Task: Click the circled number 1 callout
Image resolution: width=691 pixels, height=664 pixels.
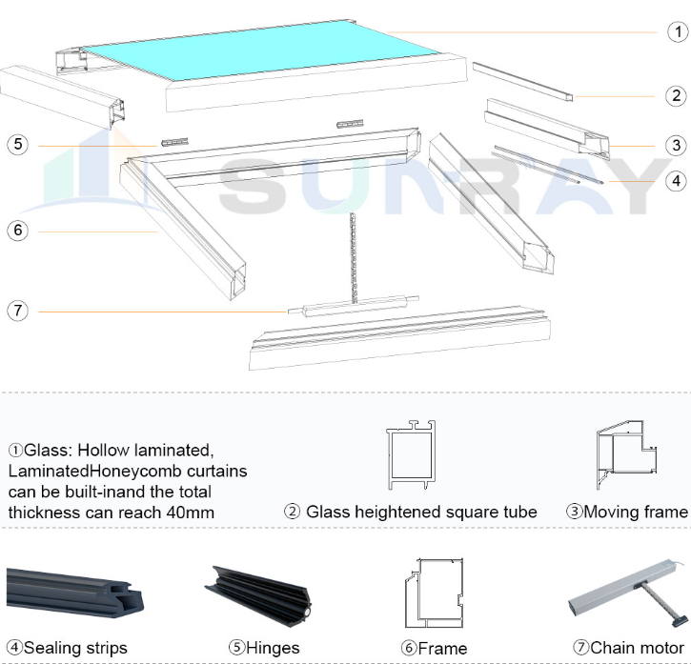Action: tap(676, 32)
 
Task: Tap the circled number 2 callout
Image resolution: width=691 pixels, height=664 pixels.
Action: tap(676, 95)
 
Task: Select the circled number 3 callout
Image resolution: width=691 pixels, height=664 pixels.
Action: tap(676, 145)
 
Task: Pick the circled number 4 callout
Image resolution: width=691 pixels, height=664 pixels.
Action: tap(676, 179)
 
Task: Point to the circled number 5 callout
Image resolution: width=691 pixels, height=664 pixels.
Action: tap(17, 145)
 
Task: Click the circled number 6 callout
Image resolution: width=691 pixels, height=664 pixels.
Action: tap(17, 231)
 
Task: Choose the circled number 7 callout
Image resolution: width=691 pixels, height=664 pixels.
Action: tap(17, 311)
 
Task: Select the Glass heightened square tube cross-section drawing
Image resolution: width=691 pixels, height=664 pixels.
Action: tap(410, 455)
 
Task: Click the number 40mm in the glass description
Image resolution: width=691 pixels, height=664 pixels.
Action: tap(189, 513)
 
